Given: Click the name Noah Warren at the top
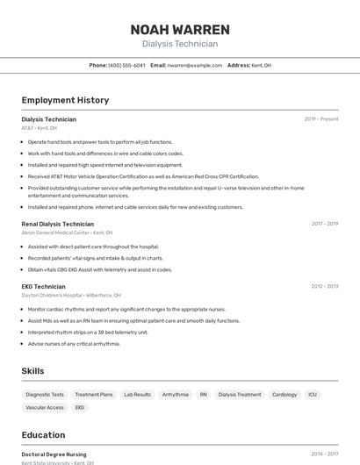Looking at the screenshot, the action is [180, 29].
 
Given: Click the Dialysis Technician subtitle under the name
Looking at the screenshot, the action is [180, 44].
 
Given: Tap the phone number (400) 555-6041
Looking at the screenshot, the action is [126, 66].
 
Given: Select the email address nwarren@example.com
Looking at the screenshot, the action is [195, 66].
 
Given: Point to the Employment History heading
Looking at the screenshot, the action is [65, 100].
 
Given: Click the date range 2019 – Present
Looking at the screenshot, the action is [321, 119].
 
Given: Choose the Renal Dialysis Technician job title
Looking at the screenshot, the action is [58, 224].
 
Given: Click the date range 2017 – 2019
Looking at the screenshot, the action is [325, 224].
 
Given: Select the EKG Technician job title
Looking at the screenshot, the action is [44, 286].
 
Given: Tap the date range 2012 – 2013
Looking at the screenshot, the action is [325, 286].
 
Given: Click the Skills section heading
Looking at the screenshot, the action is [33, 371].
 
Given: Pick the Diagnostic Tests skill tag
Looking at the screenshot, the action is [45, 395].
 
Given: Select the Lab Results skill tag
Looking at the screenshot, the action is [137, 395].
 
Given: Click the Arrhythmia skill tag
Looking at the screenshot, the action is [175, 395].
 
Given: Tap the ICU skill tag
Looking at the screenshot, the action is [313, 395].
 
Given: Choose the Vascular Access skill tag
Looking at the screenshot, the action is [45, 408].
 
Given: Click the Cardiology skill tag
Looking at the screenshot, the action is [284, 395].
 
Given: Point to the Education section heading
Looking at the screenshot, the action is [44, 435].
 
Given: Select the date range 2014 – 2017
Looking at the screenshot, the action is [325, 454].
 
